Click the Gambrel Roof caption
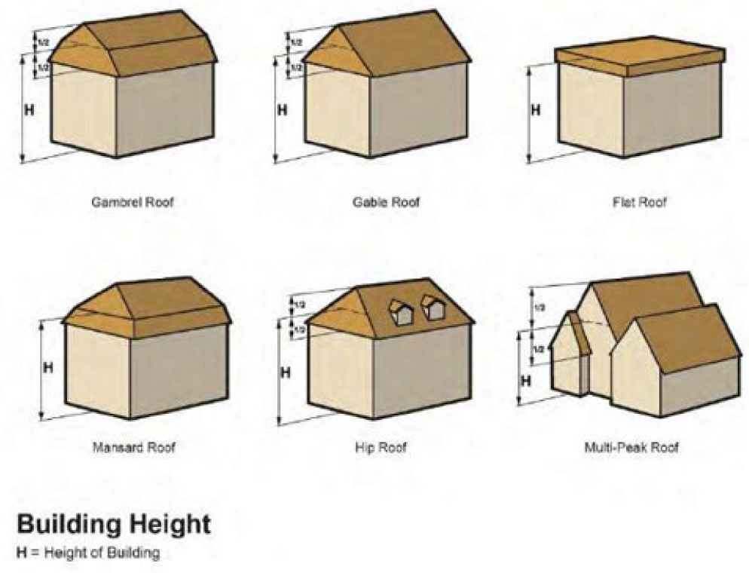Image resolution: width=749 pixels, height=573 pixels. pyautogui.click(x=133, y=203)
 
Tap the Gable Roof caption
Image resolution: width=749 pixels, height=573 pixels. pyautogui.click(x=386, y=203)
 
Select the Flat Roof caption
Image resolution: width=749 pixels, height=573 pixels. pyautogui.click(x=640, y=203)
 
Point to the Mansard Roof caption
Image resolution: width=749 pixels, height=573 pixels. pyautogui.click(x=133, y=448)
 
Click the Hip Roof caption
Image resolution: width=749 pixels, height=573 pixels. pyautogui.click(x=381, y=448)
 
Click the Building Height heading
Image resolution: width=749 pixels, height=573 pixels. pyautogui.click(x=113, y=525)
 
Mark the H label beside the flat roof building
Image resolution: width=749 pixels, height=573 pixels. pyautogui.click(x=536, y=110)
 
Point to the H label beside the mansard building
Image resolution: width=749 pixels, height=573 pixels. pyautogui.click(x=47, y=369)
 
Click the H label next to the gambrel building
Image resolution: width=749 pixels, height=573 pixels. pyautogui.click(x=29, y=110)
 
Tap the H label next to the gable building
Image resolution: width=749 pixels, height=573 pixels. pyautogui.click(x=283, y=110)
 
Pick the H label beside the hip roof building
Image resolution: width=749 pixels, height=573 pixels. pyautogui.click(x=286, y=372)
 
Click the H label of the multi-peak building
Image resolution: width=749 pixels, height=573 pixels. pyautogui.click(x=526, y=380)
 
